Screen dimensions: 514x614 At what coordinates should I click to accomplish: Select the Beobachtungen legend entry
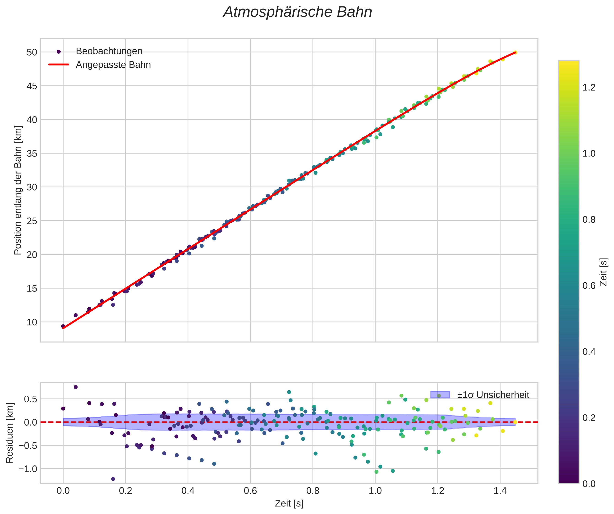coord(109,51)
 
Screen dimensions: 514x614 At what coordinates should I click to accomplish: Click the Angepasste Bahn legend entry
coord(113,65)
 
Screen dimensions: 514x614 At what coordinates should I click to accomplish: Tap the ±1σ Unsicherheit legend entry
coord(493,395)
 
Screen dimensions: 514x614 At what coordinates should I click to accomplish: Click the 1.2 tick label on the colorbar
coord(589,87)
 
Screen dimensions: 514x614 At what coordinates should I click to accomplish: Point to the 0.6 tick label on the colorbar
coord(589,286)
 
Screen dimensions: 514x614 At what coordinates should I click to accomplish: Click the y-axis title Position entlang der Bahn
coord(18,190)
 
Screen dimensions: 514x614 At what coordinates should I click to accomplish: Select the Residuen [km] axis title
coord(10,433)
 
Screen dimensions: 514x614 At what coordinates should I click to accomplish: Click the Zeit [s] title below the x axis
coord(289,503)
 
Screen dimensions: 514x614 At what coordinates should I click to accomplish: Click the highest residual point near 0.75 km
coord(75,387)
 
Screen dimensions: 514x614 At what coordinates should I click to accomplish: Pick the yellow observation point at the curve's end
coord(515,53)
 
